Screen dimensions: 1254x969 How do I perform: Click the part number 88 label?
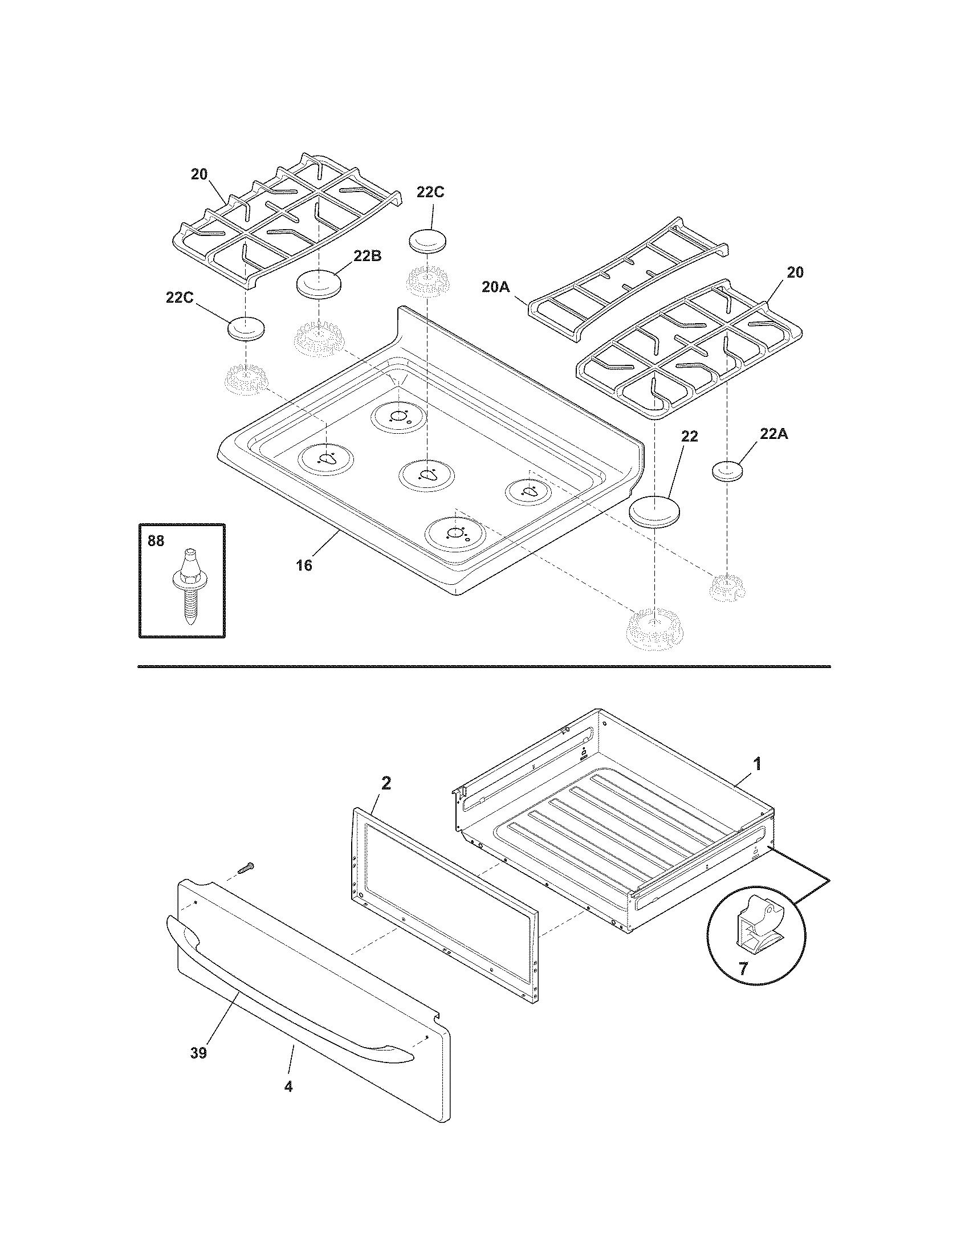tap(156, 541)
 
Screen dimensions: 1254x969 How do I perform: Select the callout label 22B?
tap(367, 256)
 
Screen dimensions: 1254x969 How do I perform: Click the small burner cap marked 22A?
tap(727, 472)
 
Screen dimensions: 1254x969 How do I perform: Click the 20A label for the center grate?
tap(496, 287)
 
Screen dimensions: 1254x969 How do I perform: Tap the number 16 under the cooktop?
tap(304, 565)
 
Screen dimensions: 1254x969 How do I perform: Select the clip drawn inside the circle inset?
tap(756, 926)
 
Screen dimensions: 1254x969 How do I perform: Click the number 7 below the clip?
tap(743, 970)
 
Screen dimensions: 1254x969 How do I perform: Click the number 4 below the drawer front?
tap(288, 1086)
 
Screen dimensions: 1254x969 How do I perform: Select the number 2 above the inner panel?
tap(386, 783)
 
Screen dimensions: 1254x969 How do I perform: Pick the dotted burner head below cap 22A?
tap(728, 587)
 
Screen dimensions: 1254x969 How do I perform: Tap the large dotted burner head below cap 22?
tap(655, 630)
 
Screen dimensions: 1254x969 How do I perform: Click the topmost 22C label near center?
tap(430, 192)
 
